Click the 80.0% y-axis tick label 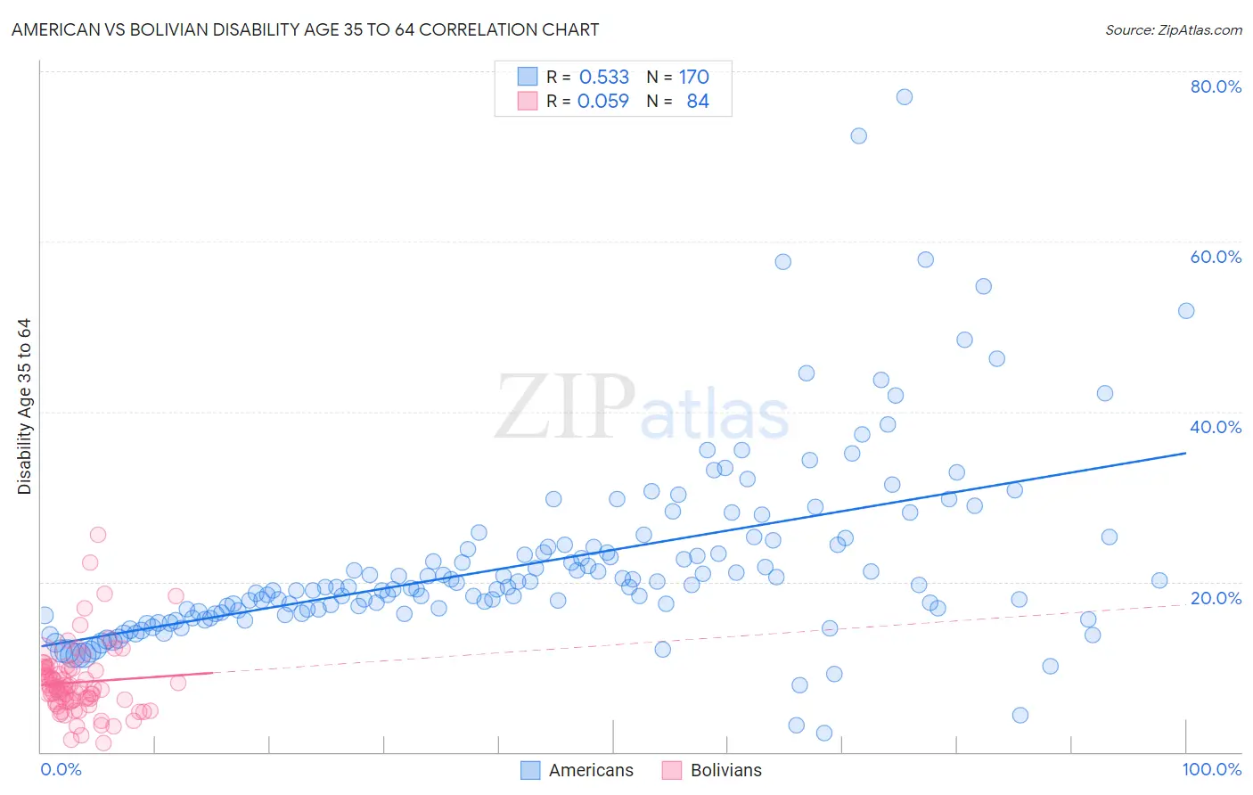click(x=1216, y=86)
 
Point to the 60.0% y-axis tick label click(x=1216, y=257)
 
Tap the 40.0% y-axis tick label click(x=1216, y=427)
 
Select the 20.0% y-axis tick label click(x=1216, y=598)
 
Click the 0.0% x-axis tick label click(x=61, y=769)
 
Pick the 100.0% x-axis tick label click(x=1211, y=769)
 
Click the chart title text click(x=305, y=29)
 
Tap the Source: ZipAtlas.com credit click(x=1173, y=29)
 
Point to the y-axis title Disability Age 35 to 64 click(x=24, y=406)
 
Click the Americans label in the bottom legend click(x=590, y=770)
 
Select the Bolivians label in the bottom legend click(x=725, y=770)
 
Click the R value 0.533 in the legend click(x=603, y=77)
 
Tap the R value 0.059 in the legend click(x=602, y=101)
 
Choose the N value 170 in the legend click(x=693, y=77)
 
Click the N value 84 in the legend click(x=698, y=101)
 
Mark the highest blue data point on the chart click(x=905, y=97)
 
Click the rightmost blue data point click(x=1186, y=311)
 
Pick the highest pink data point click(x=98, y=535)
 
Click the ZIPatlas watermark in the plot click(x=642, y=407)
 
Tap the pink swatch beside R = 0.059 click(x=528, y=101)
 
